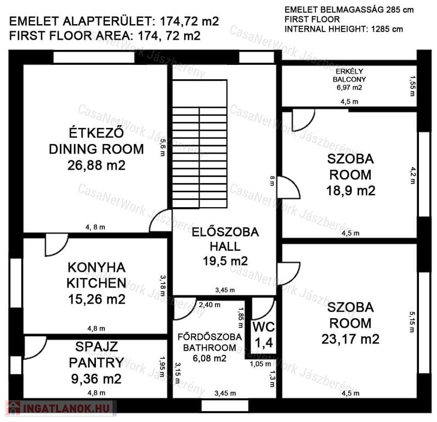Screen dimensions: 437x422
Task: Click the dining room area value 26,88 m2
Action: (x=97, y=165)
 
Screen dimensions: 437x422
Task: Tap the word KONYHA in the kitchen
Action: (x=97, y=268)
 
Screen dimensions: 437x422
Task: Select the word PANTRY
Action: (x=97, y=363)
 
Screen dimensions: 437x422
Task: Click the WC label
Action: (x=264, y=327)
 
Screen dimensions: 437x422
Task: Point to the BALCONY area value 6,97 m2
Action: (x=349, y=87)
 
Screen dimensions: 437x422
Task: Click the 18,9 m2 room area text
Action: (x=350, y=191)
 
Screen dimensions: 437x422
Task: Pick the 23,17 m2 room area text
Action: (x=350, y=339)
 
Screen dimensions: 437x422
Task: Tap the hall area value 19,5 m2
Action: (x=225, y=261)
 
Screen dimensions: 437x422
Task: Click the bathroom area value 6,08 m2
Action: (x=209, y=358)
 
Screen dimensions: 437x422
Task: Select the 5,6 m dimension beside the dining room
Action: (x=162, y=147)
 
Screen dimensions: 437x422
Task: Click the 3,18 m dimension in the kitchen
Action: (x=162, y=286)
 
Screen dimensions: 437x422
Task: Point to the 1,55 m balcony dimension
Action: (x=412, y=86)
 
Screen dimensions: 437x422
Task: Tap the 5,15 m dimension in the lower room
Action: (x=412, y=322)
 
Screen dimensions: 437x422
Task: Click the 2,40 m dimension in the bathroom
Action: (x=209, y=305)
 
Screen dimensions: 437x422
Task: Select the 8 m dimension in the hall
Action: (x=272, y=181)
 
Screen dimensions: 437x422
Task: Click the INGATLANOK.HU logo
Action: (x=60, y=408)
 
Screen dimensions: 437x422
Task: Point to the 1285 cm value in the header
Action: (x=387, y=29)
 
